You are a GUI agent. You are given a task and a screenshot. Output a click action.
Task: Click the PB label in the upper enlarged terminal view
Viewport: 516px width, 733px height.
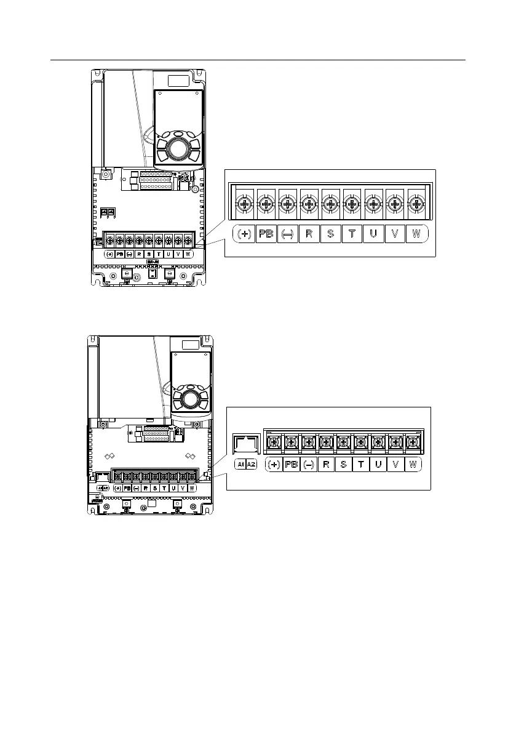(266, 234)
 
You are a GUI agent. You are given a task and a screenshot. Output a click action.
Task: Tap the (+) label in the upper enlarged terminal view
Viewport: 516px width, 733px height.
(244, 234)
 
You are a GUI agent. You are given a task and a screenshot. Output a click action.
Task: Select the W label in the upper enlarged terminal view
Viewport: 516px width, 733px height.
(416, 234)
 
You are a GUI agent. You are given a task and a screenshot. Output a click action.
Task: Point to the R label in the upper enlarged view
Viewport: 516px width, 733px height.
(309, 234)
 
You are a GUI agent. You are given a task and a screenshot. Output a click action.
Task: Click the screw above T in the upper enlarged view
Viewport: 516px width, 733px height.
(352, 204)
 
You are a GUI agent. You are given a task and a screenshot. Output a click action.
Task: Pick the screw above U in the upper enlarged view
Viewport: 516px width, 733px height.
(373, 204)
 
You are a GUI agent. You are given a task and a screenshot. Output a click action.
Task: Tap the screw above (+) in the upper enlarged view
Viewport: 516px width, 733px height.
(244, 204)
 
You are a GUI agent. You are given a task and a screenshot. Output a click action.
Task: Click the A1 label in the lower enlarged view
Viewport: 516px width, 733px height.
(240, 465)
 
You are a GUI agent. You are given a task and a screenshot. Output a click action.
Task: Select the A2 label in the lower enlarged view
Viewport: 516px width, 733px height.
(251, 465)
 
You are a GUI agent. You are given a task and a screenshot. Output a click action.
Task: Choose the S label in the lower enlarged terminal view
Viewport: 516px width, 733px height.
(343, 465)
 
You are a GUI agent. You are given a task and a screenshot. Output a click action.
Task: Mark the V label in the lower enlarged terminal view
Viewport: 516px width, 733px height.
(395, 465)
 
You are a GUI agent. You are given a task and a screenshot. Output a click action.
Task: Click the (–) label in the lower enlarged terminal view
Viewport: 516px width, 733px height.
(309, 465)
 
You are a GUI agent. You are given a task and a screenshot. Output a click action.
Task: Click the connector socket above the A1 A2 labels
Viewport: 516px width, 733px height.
(245, 445)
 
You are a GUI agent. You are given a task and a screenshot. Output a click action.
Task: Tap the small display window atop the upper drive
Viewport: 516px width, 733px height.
(179, 81)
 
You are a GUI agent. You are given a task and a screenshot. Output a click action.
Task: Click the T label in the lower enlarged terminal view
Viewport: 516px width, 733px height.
(361, 465)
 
